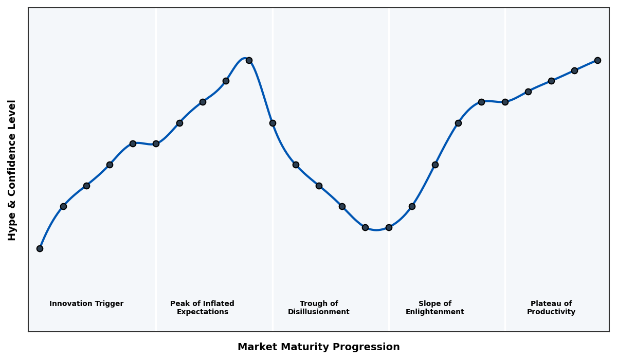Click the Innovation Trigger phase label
pos(86,304)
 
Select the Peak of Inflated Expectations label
pos(202,308)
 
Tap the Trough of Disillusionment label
pos(319,308)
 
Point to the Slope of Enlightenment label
pos(435,308)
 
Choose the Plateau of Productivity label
pos(551,308)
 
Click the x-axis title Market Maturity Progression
pos(319,347)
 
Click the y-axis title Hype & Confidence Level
pos(12,170)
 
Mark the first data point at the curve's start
pos(40,248)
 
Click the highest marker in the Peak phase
pos(249,60)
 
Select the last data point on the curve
pos(597,60)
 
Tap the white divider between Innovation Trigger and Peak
pos(156,231)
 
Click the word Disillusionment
pos(319,312)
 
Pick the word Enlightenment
pos(435,312)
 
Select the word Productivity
pos(551,312)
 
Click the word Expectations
pos(202,312)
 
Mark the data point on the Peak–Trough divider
pos(273,123)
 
